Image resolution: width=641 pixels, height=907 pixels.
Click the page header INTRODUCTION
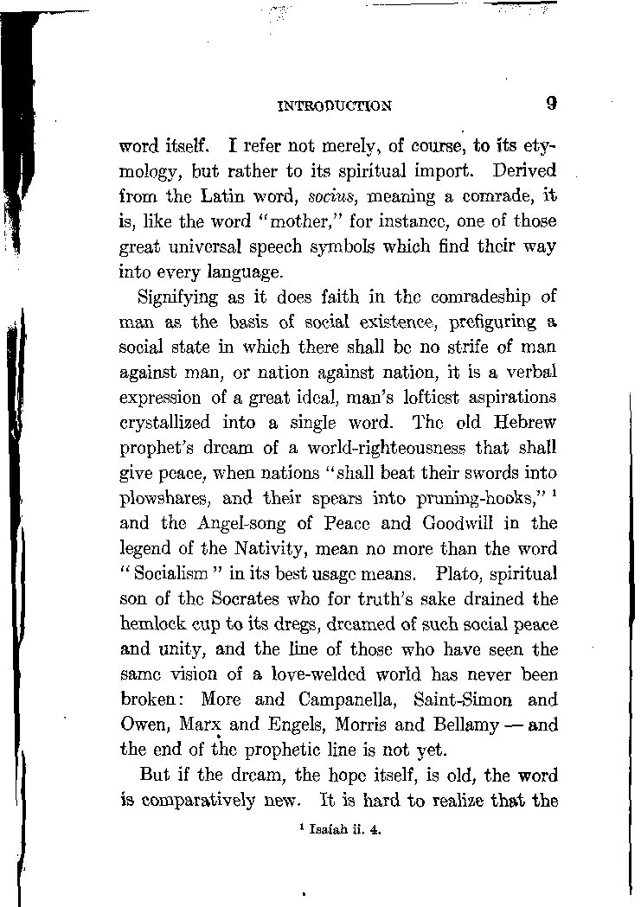pos(335,106)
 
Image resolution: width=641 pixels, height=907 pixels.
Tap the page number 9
pos(551,104)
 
